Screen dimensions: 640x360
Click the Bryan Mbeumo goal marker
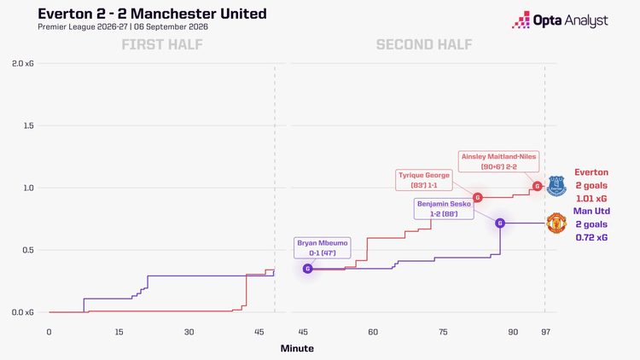[x=308, y=269]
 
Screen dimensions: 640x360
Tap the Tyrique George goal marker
[x=478, y=198]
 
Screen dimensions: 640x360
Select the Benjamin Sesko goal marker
[x=500, y=223]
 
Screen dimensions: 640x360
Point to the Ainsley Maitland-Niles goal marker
[x=537, y=186]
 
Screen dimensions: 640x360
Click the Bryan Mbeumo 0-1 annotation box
[x=322, y=247]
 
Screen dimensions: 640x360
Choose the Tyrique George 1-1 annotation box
[x=424, y=180]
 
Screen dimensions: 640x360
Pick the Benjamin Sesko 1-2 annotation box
[x=444, y=208]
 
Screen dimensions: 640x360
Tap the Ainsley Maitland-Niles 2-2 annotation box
[x=499, y=161]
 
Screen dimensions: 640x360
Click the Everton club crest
[x=556, y=186]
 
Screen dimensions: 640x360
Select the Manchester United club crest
[x=556, y=223]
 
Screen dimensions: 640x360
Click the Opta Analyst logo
[x=560, y=20]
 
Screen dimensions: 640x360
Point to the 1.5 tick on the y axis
[x=28, y=125]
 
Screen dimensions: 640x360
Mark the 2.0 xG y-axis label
[x=23, y=64]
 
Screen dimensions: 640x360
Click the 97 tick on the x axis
[x=546, y=332]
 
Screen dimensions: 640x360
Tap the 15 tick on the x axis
[x=119, y=332]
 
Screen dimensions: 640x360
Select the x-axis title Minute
[x=297, y=348]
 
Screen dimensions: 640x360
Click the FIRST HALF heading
[x=162, y=44]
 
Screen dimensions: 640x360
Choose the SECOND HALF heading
[x=424, y=44]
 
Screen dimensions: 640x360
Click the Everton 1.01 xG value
[x=591, y=199]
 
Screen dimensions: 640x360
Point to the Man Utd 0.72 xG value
[x=591, y=237]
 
